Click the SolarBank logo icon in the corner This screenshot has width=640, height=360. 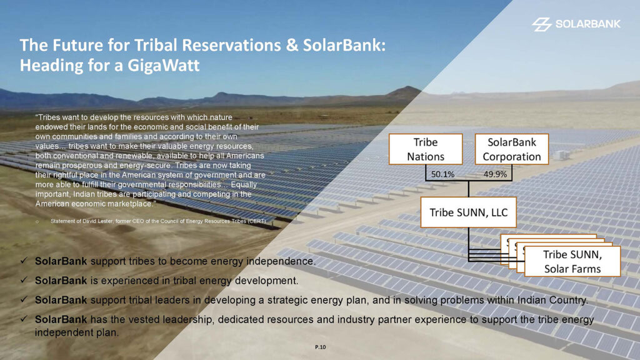tap(542, 24)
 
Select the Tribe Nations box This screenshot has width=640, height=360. tap(425, 149)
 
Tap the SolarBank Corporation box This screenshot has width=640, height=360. tap(511, 149)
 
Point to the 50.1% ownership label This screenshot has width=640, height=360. tap(442, 174)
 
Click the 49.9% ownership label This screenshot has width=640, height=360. tap(495, 174)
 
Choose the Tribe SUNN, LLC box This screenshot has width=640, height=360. tap(469, 212)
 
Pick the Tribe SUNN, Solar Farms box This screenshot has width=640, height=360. tap(572, 261)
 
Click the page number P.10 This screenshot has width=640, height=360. tap(321, 347)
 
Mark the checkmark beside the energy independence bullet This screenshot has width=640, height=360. tap(24, 261)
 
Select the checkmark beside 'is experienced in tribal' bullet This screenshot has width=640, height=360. tap(24, 280)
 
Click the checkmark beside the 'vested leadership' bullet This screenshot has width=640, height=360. tap(24, 319)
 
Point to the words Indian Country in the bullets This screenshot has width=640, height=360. tap(552, 301)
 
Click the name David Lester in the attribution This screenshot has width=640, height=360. tap(98, 221)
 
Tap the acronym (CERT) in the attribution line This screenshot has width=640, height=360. tap(256, 221)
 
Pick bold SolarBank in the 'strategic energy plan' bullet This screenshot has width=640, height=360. tap(61, 300)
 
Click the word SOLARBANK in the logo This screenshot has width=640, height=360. tap(587, 24)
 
